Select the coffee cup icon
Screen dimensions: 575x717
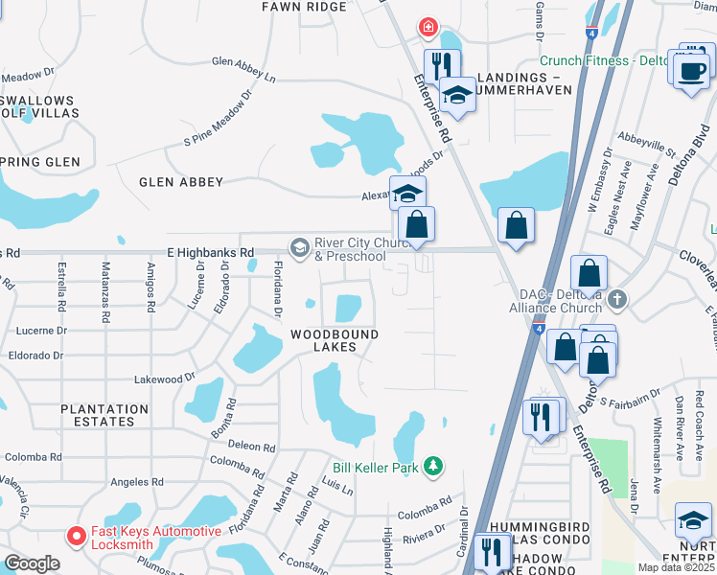(691, 69)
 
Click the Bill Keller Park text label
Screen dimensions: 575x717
(376, 468)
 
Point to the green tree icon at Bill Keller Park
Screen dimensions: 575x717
(434, 466)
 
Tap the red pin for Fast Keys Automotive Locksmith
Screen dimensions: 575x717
(73, 537)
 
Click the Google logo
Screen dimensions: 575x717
(31, 563)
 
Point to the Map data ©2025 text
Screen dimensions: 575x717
(675, 567)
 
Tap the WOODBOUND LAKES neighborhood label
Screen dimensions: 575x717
(335, 340)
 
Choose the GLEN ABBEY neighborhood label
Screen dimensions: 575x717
(181, 182)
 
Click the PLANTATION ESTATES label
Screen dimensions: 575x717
(104, 415)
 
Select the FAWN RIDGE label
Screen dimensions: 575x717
(305, 7)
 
